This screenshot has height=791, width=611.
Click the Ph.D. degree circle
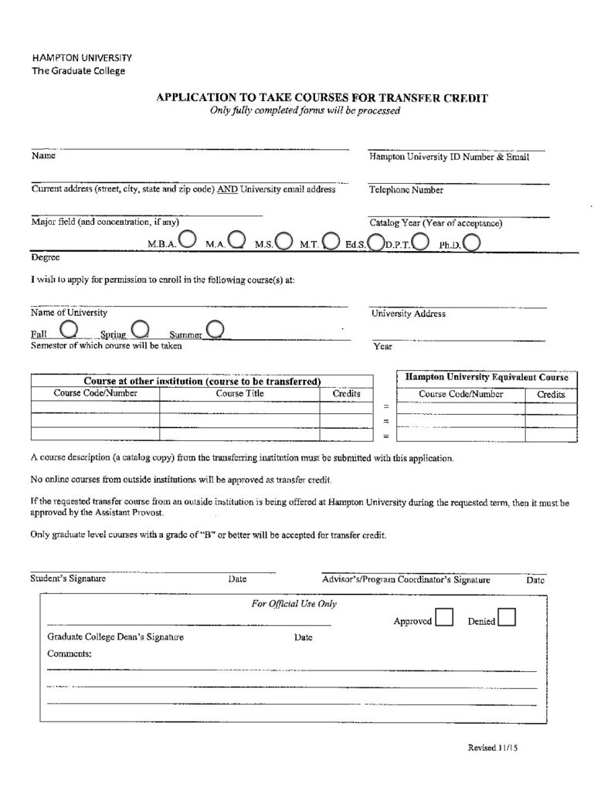(473, 243)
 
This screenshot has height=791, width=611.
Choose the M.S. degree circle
(283, 242)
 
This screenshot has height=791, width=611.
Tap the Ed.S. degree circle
(376, 243)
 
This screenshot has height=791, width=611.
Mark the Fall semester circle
(68, 329)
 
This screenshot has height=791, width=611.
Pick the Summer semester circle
(216, 330)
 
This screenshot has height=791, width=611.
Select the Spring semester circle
(140, 329)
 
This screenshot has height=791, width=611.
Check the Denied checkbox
(507, 618)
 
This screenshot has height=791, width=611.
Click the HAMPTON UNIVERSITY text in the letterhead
(82, 58)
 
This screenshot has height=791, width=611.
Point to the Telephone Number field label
(406, 189)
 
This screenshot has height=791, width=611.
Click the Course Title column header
(239, 394)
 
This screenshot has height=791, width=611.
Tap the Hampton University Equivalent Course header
(487, 378)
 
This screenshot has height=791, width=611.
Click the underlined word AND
(227, 189)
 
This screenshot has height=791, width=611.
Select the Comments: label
(69, 654)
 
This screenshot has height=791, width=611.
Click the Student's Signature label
(68, 578)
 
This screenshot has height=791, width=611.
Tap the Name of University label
(69, 313)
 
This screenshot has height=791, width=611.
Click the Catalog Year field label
(436, 223)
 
